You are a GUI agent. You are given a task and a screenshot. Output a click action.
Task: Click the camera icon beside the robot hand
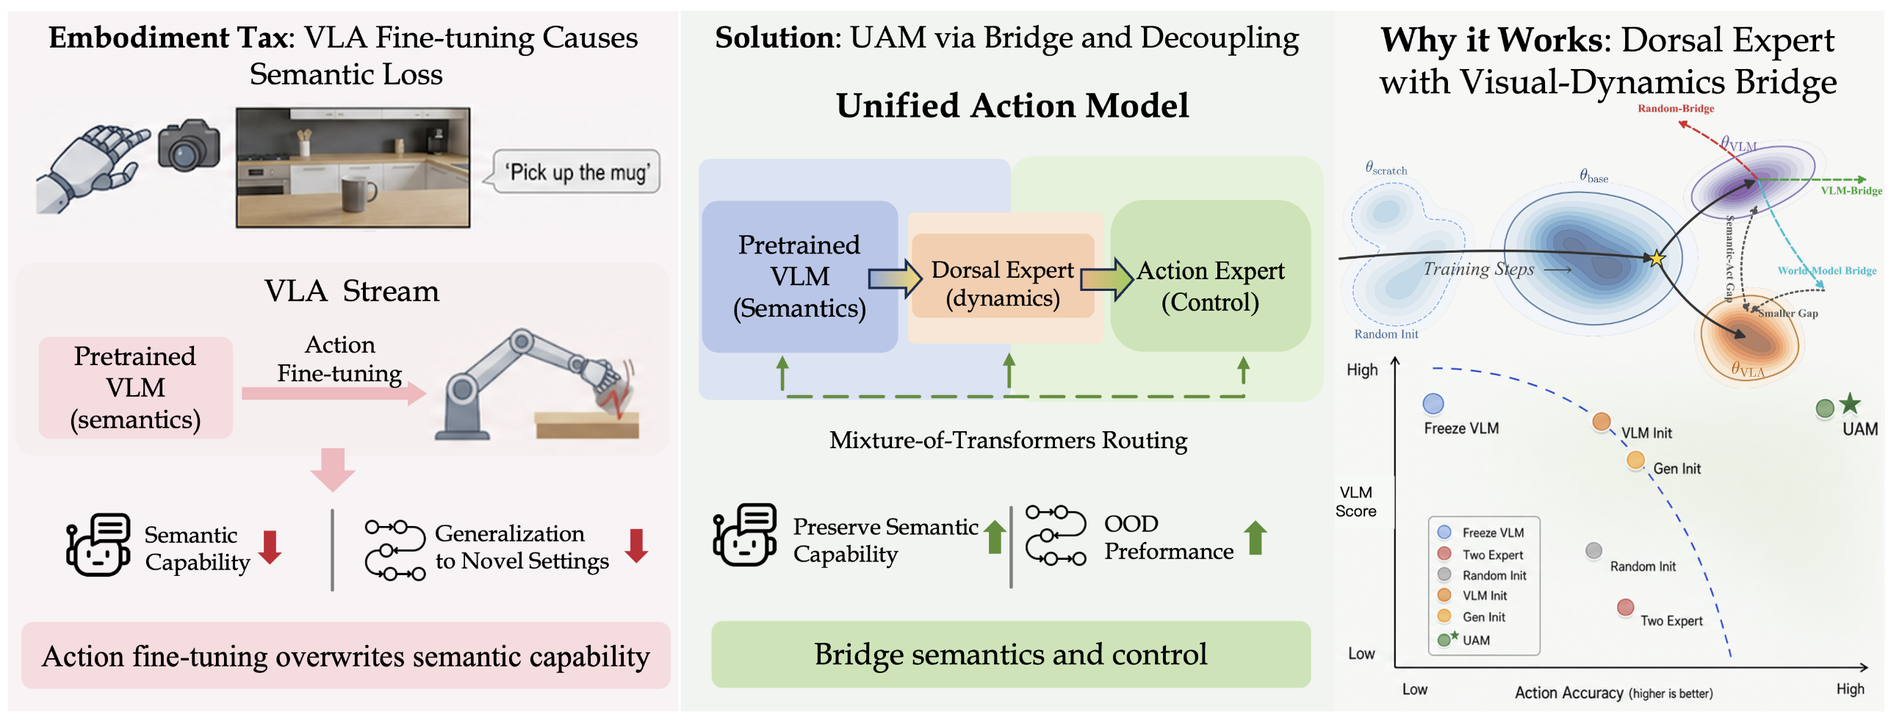(x=189, y=145)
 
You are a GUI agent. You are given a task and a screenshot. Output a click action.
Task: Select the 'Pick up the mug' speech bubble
(x=575, y=172)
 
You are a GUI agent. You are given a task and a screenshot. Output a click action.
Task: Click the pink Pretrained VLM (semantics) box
(x=135, y=388)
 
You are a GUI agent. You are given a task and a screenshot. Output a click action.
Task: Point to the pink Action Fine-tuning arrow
(x=334, y=393)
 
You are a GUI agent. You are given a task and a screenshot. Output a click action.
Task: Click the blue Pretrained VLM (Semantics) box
(x=799, y=276)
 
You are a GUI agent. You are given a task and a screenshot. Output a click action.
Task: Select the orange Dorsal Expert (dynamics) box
(x=1003, y=276)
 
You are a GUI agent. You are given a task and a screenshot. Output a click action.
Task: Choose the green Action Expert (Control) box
(x=1210, y=276)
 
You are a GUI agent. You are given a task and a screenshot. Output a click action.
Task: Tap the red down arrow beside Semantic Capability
(x=270, y=547)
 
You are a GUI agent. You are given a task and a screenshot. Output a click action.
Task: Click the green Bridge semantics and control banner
(x=1011, y=654)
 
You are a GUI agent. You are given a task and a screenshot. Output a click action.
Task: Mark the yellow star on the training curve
(x=1657, y=259)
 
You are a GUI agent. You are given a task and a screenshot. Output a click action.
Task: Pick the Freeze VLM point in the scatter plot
(x=1433, y=403)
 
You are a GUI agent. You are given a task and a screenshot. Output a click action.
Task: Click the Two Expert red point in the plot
(x=1625, y=608)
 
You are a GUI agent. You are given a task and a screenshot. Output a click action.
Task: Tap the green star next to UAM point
(x=1850, y=403)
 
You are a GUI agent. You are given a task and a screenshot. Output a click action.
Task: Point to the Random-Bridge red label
(x=1676, y=109)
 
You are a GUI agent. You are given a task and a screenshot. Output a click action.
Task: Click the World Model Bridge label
(x=1826, y=271)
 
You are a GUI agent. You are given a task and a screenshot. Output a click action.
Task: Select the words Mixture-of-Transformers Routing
(x=1008, y=441)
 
